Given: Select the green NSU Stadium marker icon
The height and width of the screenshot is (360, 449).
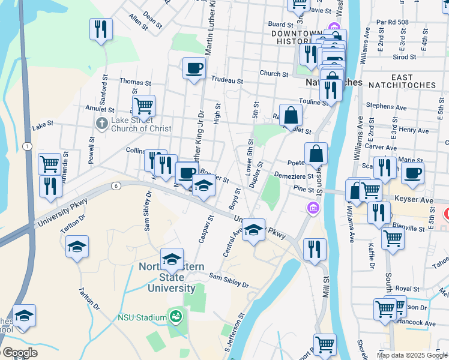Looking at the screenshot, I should pyautogui.click(x=176, y=316).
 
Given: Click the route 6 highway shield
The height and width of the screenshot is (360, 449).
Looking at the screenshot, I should pyautogui.click(x=115, y=186).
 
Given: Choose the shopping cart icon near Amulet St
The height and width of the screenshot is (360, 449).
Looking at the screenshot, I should pyautogui.click(x=143, y=106).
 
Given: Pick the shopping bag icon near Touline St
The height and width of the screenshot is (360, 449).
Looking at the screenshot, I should pyautogui.click(x=291, y=115).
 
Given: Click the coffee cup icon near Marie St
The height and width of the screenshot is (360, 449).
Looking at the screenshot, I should pyautogui.click(x=412, y=173).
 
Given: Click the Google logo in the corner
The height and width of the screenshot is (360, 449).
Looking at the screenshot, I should pyautogui.click(x=20, y=353).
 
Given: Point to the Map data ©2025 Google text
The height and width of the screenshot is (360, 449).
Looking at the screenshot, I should pyautogui.click(x=412, y=355).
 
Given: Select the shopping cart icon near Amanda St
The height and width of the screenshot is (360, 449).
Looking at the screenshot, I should pyautogui.click(x=49, y=163).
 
